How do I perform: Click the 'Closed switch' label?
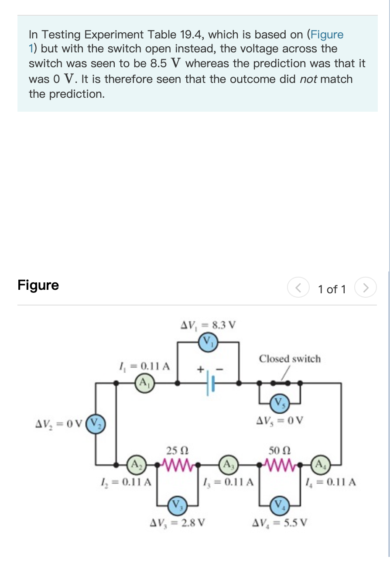click(289, 359)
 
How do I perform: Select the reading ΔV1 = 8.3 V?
click(208, 325)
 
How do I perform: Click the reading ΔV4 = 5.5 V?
click(281, 522)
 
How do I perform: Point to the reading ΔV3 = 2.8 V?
click(178, 522)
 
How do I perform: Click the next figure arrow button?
click(366, 288)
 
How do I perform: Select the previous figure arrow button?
click(298, 288)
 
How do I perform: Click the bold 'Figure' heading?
click(38, 285)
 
